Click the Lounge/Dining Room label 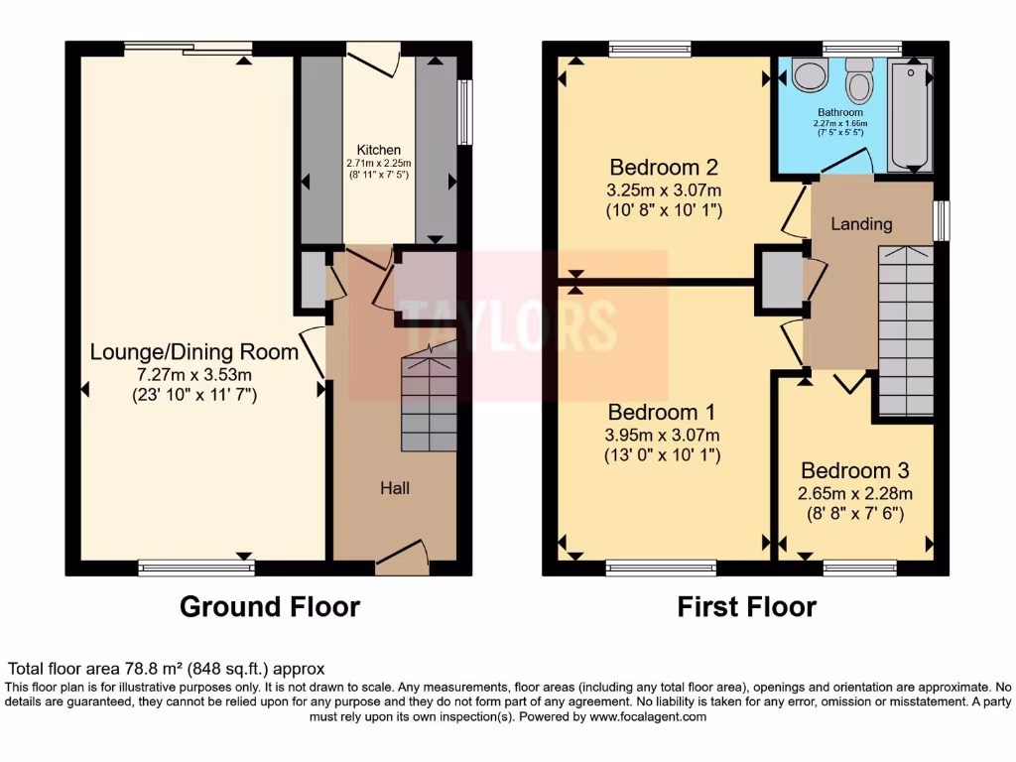pyautogui.click(x=194, y=351)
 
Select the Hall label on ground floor pyautogui.click(x=395, y=488)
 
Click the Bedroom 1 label pyautogui.click(x=663, y=412)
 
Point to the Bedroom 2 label pyautogui.click(x=663, y=167)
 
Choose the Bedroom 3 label pyautogui.click(x=854, y=470)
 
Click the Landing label pyautogui.click(x=860, y=224)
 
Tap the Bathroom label pyautogui.click(x=839, y=112)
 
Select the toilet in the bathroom pyautogui.click(x=858, y=79)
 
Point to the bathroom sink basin pyautogui.click(x=811, y=75)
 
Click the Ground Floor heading pyautogui.click(x=269, y=606)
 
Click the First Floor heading pyautogui.click(x=746, y=606)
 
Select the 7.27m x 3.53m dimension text pyautogui.click(x=194, y=374)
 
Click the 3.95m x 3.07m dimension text pyautogui.click(x=663, y=434)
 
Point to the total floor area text pyautogui.click(x=167, y=670)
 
